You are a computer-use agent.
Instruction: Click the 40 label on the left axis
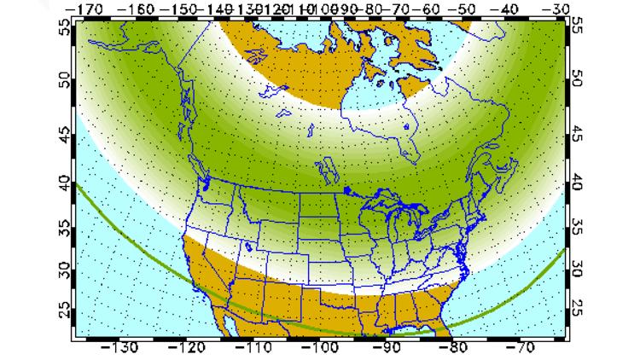tap(63, 182)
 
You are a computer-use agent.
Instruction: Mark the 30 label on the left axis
tap(63, 270)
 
